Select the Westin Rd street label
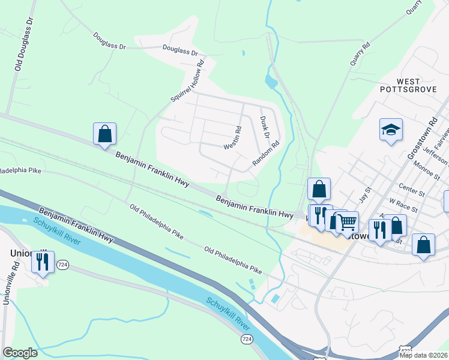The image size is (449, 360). pos(232,137)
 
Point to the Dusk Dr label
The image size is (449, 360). pos(265,128)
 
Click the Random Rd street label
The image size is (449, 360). pos(266,153)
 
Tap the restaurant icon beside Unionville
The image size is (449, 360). pos(43,262)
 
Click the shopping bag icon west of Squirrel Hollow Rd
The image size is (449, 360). pos(104,133)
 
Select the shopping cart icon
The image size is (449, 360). pos(347,223)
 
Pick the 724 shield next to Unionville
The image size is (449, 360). pos(62,265)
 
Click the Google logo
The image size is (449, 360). pos(20,353)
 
